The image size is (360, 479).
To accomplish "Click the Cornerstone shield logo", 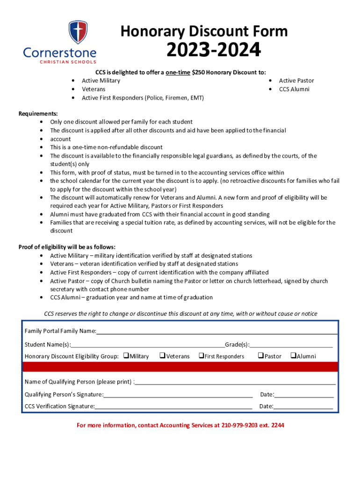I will click(x=77, y=32).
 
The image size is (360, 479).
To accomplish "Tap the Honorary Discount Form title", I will click(x=204, y=31).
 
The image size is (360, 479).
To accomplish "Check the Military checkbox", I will click(x=126, y=356).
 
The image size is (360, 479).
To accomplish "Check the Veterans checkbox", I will click(x=162, y=356).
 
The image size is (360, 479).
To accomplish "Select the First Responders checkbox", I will click(x=201, y=356).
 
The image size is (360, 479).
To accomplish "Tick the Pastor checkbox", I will click(x=261, y=356).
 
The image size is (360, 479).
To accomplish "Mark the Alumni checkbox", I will click(x=293, y=356).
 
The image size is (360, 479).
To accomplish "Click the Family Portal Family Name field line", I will click(x=216, y=332).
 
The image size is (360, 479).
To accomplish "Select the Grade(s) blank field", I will click(x=291, y=345).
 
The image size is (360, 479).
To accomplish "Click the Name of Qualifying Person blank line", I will click(x=235, y=382).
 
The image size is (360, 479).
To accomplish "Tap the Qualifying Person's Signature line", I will click(x=178, y=394).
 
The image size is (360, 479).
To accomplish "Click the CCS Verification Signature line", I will click(x=173, y=406).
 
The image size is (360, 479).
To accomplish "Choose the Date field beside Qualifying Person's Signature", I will click(x=304, y=394).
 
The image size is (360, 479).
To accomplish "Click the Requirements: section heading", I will click(x=38, y=114).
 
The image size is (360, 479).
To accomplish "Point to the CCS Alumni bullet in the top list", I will click(x=294, y=89).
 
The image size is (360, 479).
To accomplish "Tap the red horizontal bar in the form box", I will click(x=180, y=366).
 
